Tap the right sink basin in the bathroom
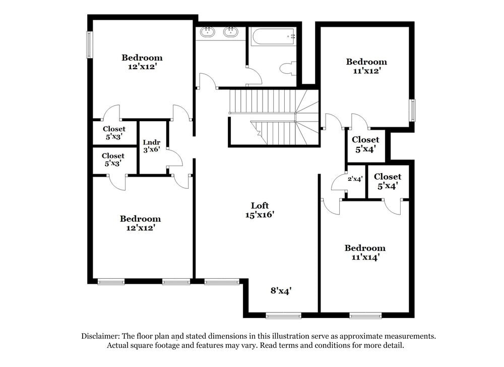click(231, 33)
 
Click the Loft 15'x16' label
click(260, 209)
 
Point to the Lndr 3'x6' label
click(151, 146)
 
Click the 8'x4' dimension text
click(281, 291)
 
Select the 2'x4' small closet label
click(355, 179)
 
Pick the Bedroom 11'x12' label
click(366, 66)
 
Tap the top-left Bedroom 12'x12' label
click(142, 62)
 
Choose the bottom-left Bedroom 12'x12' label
click(140, 223)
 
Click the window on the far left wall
click(90, 45)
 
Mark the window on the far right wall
click(412, 111)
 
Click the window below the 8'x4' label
click(283, 316)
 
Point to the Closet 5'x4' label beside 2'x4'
click(388, 181)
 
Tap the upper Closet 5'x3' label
click(114, 133)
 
